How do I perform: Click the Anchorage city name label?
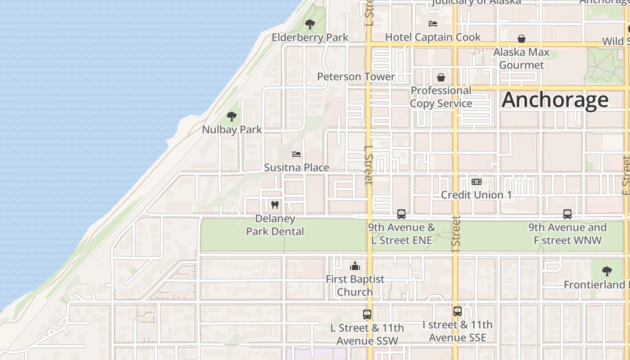555,99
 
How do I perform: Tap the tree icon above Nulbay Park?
232,117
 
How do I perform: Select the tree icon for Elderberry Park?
310,24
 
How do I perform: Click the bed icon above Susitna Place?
297,154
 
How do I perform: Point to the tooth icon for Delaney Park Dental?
275,205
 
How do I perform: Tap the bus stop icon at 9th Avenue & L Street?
401,214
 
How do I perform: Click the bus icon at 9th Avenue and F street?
567,214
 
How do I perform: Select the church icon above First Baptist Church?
355,266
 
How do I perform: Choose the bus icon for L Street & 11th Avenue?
367,315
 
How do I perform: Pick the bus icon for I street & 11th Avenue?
458,311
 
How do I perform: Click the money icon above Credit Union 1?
476,182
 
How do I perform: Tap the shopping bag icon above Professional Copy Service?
441,77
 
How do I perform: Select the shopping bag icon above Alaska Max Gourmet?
522,39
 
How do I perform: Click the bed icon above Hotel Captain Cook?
433,24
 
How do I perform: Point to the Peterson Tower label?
355,76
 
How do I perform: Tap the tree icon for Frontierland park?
607,271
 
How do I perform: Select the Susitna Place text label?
296,167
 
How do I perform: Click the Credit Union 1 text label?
476,195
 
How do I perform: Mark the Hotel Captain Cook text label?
433,37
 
